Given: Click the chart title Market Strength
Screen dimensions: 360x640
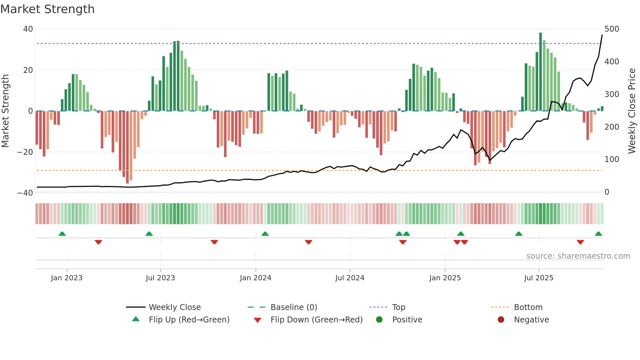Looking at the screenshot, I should click(47, 9).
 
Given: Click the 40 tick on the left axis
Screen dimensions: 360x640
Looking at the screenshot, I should click(28, 29).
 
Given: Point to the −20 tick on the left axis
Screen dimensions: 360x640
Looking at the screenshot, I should click(25, 152).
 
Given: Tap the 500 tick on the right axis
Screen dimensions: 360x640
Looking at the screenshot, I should click(612, 29).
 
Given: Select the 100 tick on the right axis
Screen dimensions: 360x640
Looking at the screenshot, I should click(612, 159).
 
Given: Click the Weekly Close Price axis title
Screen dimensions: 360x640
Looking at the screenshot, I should click(632, 111).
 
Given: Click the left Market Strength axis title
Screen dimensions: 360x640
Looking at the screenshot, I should click(6, 111).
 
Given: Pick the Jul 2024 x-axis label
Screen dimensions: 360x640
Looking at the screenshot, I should click(349, 278).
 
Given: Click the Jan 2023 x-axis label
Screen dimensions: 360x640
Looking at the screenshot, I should click(67, 278).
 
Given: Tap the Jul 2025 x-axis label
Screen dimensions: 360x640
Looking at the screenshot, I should click(538, 278).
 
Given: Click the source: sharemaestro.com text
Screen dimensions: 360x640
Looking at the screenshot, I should click(578, 256).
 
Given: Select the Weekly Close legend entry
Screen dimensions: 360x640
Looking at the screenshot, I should click(175, 307).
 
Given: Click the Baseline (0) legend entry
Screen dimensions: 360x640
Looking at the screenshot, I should click(294, 307).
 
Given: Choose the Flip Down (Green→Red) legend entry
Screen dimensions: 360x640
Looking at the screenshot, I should click(316, 320).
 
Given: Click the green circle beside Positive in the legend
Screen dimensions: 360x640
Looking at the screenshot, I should click(379, 319).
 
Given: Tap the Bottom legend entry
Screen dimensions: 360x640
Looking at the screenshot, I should click(528, 307).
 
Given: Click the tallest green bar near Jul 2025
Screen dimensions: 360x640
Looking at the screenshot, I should click(540, 72).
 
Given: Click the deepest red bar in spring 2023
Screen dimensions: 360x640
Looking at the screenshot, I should click(127, 147).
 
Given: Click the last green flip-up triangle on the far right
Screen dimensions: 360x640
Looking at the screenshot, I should click(598, 234).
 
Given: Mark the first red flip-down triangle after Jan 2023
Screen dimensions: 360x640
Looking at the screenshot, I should click(98, 242).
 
